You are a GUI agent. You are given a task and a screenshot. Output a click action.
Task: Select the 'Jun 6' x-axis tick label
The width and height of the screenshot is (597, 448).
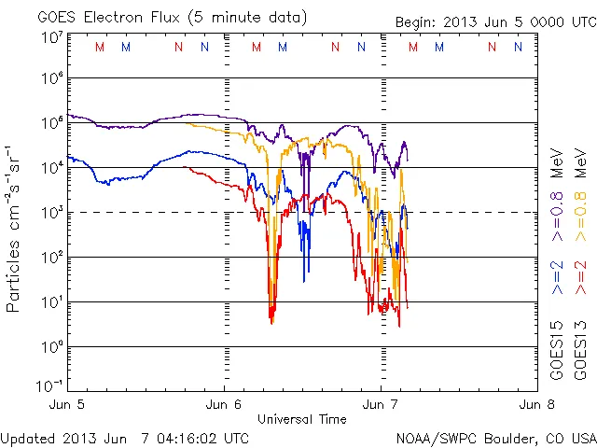tap(224, 405)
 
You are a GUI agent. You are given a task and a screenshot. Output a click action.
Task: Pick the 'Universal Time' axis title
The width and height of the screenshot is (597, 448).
tap(302, 419)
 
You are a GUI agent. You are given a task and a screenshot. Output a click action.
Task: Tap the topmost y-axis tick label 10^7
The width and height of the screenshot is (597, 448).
tap(50, 38)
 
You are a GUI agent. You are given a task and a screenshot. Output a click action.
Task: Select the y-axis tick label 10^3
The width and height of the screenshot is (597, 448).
tap(50, 213)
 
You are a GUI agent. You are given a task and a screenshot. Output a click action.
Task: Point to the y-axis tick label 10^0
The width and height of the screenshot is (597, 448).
tap(50, 347)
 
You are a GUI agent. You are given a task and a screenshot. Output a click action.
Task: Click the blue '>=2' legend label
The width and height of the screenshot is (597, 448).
tap(558, 278)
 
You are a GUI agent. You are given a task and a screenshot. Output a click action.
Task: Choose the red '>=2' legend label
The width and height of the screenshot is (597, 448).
tap(583, 278)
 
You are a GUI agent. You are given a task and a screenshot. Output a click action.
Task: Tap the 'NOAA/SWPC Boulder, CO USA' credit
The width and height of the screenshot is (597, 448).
tap(495, 437)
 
